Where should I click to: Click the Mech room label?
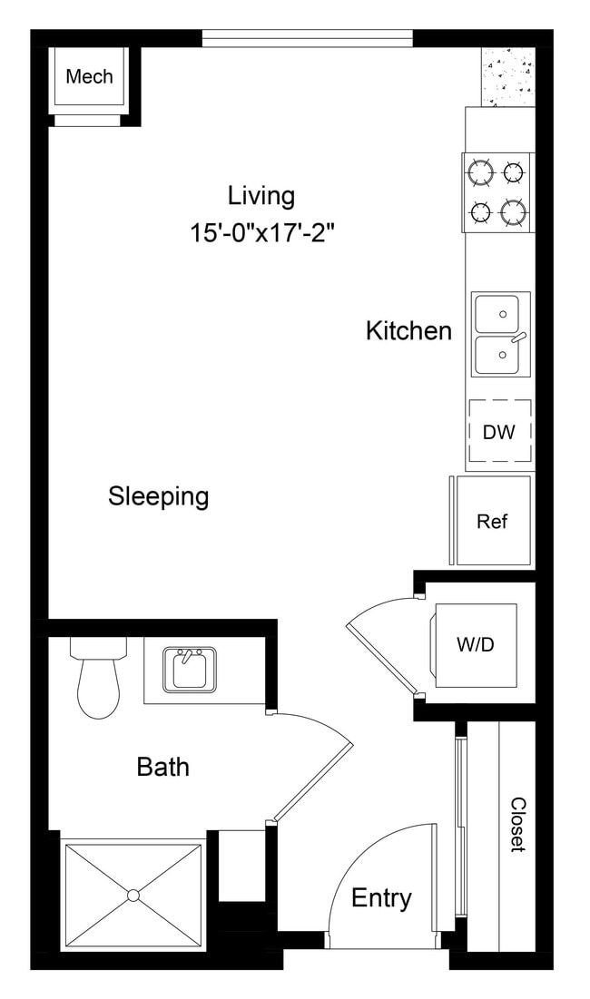[89, 76]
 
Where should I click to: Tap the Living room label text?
[261, 195]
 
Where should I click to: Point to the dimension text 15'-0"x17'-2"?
[262, 232]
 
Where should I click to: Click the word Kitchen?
[408, 330]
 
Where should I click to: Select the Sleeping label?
[158, 496]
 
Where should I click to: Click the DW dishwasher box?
[498, 432]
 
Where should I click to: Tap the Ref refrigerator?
[492, 521]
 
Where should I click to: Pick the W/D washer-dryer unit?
[474, 644]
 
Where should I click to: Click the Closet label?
[517, 824]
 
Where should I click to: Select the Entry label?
[381, 898]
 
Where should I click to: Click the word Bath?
[163, 767]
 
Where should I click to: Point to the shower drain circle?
[133, 896]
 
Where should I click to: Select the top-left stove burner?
[481, 171]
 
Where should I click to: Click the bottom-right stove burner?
[514, 213]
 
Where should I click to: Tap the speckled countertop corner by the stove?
[507, 76]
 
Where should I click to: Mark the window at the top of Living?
[307, 38]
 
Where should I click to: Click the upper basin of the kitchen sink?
[497, 314]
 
